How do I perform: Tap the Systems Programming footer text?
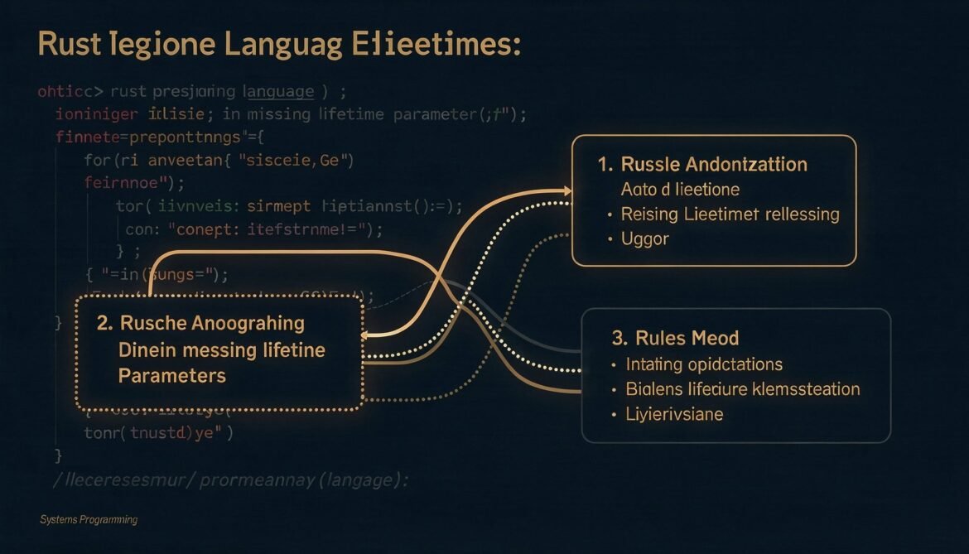tap(89, 519)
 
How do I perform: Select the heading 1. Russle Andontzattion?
tap(701, 164)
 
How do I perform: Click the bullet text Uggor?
tap(644, 238)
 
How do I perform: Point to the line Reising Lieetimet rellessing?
tap(730, 214)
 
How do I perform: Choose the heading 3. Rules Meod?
tap(675, 338)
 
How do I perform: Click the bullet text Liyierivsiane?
tap(674, 413)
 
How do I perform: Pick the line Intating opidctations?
tap(704, 364)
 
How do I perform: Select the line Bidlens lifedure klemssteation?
tap(743, 388)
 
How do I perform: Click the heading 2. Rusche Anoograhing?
tap(200, 324)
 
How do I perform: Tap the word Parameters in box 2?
tap(171, 375)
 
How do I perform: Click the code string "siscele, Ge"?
tap(296, 160)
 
